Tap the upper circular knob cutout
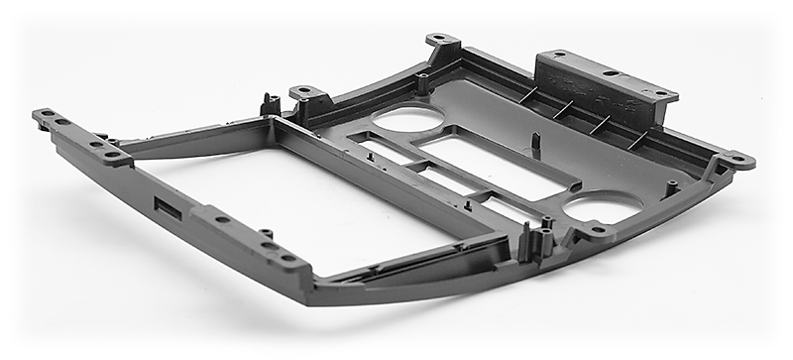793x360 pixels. click(x=408, y=119)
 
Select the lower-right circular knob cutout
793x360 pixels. click(x=603, y=208)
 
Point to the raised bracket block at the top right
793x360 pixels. click(x=605, y=81)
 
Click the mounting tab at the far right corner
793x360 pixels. click(x=735, y=159)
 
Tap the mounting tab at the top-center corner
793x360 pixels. click(x=442, y=42)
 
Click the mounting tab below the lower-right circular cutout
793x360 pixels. click(x=596, y=232)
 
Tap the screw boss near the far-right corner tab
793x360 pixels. click(x=673, y=185)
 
